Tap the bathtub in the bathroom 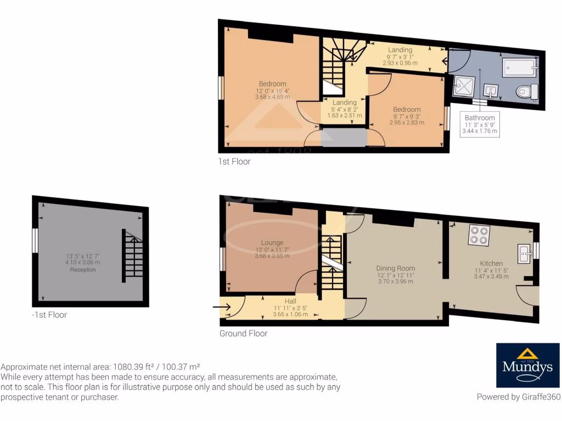[519, 68]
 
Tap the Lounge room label [272, 243]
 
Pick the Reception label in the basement [83, 270]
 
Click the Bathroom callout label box [480, 124]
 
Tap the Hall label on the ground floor [290, 301]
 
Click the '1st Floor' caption [234, 162]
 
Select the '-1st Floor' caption [49, 315]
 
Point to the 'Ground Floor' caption [244, 333]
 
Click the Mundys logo [528, 366]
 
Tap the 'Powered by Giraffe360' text [518, 397]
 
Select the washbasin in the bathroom [490, 90]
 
